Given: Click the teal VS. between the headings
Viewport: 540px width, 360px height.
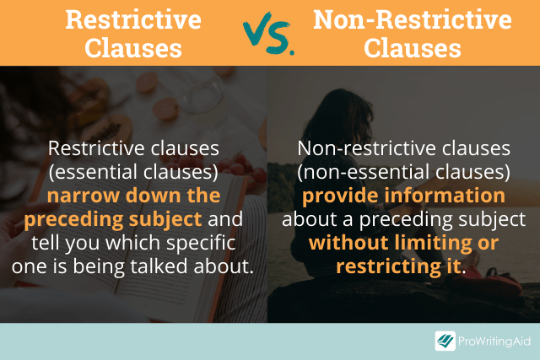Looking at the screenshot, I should coord(269,34).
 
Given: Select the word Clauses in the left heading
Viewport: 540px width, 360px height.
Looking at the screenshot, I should coord(135,48).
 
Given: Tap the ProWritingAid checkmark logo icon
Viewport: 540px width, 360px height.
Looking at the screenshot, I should coord(445,341).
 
